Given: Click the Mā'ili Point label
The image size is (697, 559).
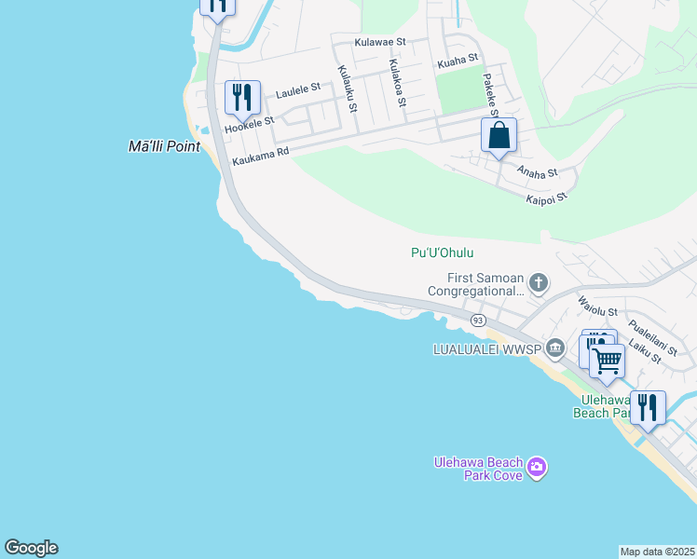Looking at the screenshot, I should pos(164,146).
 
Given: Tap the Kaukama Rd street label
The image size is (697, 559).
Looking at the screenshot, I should pos(261,156).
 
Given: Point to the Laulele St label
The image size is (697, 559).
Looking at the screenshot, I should pos(296,88).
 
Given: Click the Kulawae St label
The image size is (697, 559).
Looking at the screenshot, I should pos(380,42).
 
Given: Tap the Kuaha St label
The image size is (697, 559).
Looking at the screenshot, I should pos(458,64).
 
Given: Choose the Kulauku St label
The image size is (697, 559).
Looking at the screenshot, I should pos(348,89).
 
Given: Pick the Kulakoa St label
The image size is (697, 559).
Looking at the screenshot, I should pos(396,84).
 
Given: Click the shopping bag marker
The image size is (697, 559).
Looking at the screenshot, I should pos(499,135).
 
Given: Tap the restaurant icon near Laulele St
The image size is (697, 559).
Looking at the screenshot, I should pos(241,97).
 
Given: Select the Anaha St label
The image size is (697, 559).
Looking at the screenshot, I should pos(537,173).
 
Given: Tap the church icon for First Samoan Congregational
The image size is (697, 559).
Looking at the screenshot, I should pos(538,282).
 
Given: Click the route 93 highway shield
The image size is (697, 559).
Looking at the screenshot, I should pos(478,320).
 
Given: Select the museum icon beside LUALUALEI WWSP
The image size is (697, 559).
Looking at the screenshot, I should pos(555,348).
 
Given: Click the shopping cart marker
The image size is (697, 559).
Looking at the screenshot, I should pos(608,360).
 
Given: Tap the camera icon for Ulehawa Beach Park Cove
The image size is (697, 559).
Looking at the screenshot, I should pos(536,467).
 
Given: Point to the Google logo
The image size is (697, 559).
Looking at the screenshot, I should pos(31,548).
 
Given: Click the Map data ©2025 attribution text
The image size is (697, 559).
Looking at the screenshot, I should pos(658,552).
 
